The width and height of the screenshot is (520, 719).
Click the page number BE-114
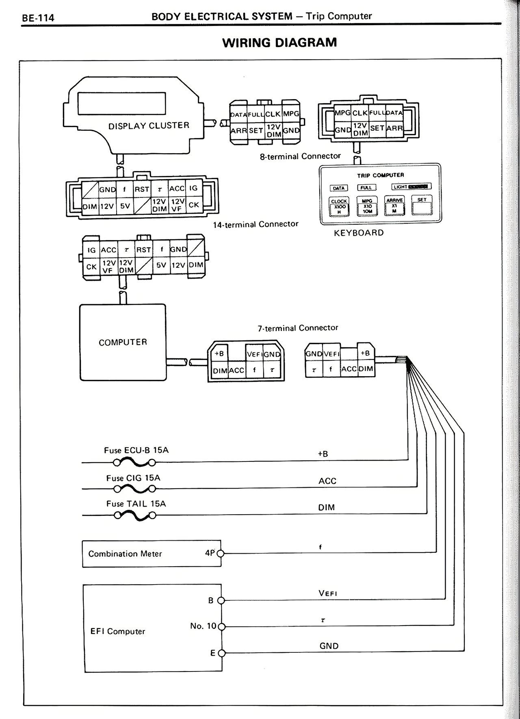[x=38, y=18]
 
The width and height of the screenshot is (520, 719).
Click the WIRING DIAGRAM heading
[x=279, y=43]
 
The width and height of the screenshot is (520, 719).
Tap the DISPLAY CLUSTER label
[x=149, y=126]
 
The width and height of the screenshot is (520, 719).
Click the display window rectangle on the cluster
[x=121, y=104]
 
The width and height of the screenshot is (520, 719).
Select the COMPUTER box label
[x=123, y=342]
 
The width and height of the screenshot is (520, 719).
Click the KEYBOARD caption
[x=359, y=233]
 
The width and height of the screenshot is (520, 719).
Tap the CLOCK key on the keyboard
[x=338, y=206]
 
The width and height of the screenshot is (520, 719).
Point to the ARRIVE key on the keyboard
[x=394, y=205]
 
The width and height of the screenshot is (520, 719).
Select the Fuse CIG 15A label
[x=133, y=478]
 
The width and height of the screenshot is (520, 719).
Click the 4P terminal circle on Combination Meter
[x=221, y=553]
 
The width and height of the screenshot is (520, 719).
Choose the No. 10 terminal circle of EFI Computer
[x=221, y=626]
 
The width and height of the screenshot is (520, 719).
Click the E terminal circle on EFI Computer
[x=221, y=653]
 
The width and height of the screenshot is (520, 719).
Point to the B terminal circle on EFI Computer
[x=221, y=600]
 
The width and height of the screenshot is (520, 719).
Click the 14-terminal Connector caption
[x=256, y=224]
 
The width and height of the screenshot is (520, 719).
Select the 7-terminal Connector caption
[x=298, y=328]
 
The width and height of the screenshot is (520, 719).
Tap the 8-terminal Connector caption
[x=300, y=156]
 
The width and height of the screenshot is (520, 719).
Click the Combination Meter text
[x=125, y=554]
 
